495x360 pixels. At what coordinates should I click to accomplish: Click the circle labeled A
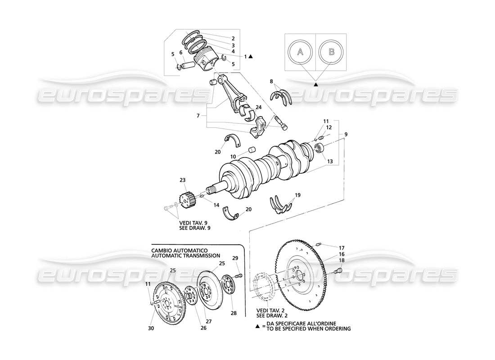point(300,52)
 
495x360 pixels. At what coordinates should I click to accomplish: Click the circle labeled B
point(331,52)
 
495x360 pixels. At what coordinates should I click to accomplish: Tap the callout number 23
point(182,180)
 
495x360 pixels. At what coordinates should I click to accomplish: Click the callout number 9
point(346,134)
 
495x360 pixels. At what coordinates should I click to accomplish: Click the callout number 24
point(258,107)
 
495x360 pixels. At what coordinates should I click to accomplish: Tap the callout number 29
point(235,258)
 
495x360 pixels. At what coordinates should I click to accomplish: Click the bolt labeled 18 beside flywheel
point(339,270)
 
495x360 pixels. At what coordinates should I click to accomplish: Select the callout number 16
point(342,254)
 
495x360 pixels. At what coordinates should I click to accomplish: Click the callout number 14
point(216,205)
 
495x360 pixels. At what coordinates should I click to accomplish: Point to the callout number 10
point(233,157)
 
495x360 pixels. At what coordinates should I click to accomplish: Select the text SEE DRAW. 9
point(195,228)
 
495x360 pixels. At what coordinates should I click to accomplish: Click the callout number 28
point(234,313)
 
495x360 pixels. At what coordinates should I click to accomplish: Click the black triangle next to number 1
point(251,57)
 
